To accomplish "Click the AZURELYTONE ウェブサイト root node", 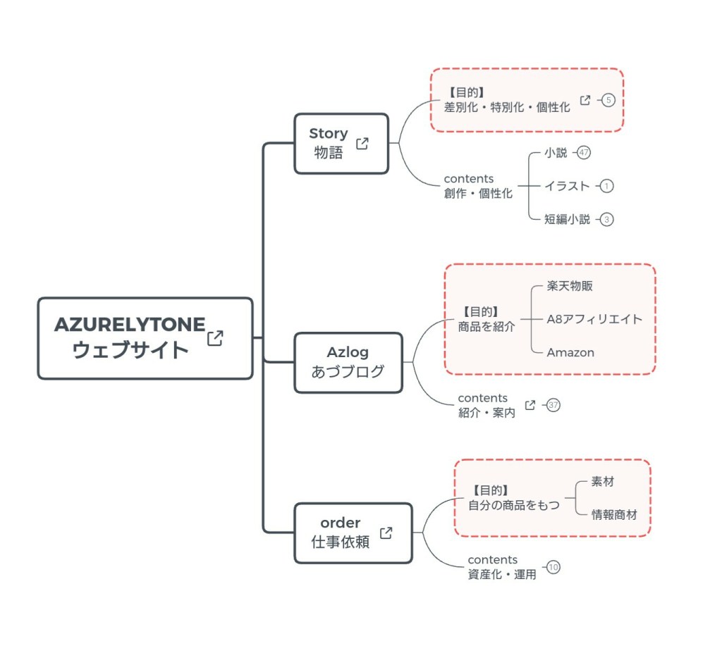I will [130, 338].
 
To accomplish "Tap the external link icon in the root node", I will [215, 338].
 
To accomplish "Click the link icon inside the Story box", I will [362, 144].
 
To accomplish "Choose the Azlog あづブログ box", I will [348, 362].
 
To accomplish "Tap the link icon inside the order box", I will [386, 533].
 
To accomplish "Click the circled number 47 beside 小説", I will [583, 152].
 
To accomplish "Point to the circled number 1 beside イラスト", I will [607, 186].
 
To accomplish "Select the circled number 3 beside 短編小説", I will [607, 219].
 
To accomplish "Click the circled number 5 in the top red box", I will [608, 100].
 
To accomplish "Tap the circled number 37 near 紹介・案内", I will [553, 405].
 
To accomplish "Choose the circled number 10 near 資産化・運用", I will [553, 567].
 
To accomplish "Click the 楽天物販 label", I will [575, 286].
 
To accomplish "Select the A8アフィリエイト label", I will [594, 319].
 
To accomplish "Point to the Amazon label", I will [570, 352].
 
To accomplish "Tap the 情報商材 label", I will [614, 514].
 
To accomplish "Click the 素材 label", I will [602, 482].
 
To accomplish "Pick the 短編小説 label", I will [567, 219].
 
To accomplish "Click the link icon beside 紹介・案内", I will [530, 405].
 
